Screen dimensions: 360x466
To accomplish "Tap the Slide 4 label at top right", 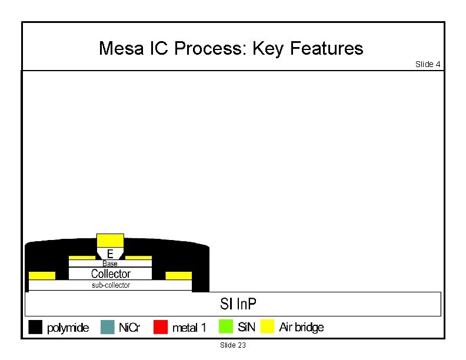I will click(x=428, y=64).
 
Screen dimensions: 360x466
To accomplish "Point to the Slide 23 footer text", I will click(x=232, y=345).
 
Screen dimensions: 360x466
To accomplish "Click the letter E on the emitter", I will click(x=110, y=254).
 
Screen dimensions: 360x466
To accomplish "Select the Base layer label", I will click(x=110, y=264).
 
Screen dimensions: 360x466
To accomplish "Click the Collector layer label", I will click(x=111, y=274).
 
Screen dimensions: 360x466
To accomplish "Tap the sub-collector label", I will click(x=111, y=285).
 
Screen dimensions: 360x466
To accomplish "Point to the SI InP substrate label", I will click(x=238, y=304).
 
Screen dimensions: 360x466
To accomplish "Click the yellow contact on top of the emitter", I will click(x=110, y=240).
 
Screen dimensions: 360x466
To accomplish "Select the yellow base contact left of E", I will click(x=82, y=258).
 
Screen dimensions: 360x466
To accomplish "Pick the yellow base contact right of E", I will click(x=139, y=258).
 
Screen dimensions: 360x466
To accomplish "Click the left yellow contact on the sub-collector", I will click(x=42, y=275).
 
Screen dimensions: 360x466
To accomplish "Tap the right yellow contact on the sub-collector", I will click(x=178, y=275).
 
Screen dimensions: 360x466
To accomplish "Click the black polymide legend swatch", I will click(x=36, y=327).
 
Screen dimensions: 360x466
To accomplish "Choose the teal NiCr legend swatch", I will click(x=107, y=327).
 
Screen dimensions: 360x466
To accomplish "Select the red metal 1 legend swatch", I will click(x=161, y=327).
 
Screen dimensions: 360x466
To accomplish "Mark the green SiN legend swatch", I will click(x=225, y=326).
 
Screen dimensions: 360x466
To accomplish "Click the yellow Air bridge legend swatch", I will click(x=268, y=326).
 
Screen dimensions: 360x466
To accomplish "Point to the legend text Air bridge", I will click(x=301, y=327).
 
